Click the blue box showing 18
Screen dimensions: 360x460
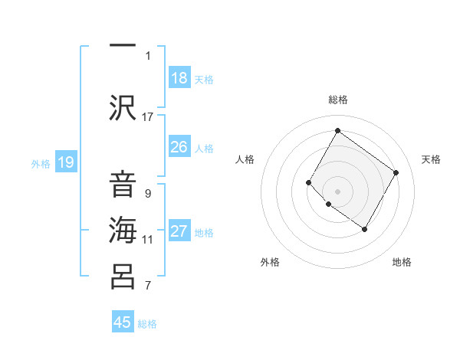click(179, 78)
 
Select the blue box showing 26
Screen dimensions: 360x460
click(179, 147)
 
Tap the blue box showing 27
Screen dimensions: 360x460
click(179, 231)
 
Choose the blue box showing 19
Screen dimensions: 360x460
click(66, 162)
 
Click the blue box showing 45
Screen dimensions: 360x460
click(123, 322)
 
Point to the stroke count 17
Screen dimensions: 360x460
click(148, 116)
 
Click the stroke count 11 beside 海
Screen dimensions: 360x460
click(148, 239)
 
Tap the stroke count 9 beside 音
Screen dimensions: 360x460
click(148, 193)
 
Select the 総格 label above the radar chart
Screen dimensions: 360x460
click(337, 100)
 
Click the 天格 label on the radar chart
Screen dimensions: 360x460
click(431, 159)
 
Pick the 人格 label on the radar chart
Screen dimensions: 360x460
click(245, 159)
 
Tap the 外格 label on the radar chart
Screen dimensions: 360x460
click(269, 262)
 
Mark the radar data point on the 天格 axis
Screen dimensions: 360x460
click(396, 172)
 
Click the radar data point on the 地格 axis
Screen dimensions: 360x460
click(364, 229)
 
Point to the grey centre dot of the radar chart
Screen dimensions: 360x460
click(337, 191)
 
